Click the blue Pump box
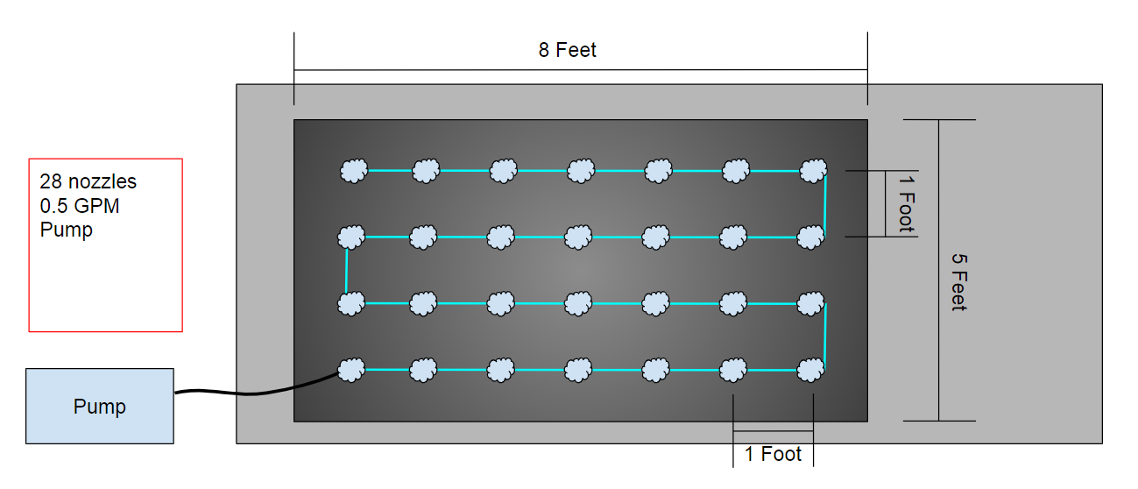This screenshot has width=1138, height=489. (x=100, y=406)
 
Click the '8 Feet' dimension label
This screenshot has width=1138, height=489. (x=567, y=50)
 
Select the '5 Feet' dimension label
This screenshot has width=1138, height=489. (x=959, y=282)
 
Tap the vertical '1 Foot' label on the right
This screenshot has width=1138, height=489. (x=907, y=204)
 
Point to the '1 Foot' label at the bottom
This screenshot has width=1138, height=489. (x=773, y=454)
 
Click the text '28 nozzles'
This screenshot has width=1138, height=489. (x=88, y=181)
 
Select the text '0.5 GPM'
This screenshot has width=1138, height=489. (x=80, y=206)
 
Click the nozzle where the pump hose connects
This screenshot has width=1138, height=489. (x=351, y=370)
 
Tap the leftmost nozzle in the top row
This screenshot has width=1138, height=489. (x=354, y=171)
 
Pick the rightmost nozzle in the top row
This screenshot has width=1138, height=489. (x=813, y=171)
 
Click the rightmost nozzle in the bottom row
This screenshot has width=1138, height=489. (x=811, y=370)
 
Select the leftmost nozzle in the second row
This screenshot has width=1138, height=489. (x=351, y=237)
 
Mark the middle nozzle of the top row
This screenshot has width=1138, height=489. (x=581, y=171)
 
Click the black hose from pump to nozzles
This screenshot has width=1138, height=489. (x=254, y=393)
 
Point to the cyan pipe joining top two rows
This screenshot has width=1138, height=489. (x=825, y=204)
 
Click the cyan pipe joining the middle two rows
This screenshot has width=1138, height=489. (x=346, y=271)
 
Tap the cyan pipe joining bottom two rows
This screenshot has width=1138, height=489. (x=825, y=337)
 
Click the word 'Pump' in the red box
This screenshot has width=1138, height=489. (x=66, y=230)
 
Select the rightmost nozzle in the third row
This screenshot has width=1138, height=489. (x=811, y=303)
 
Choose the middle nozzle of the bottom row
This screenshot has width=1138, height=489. (x=578, y=370)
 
